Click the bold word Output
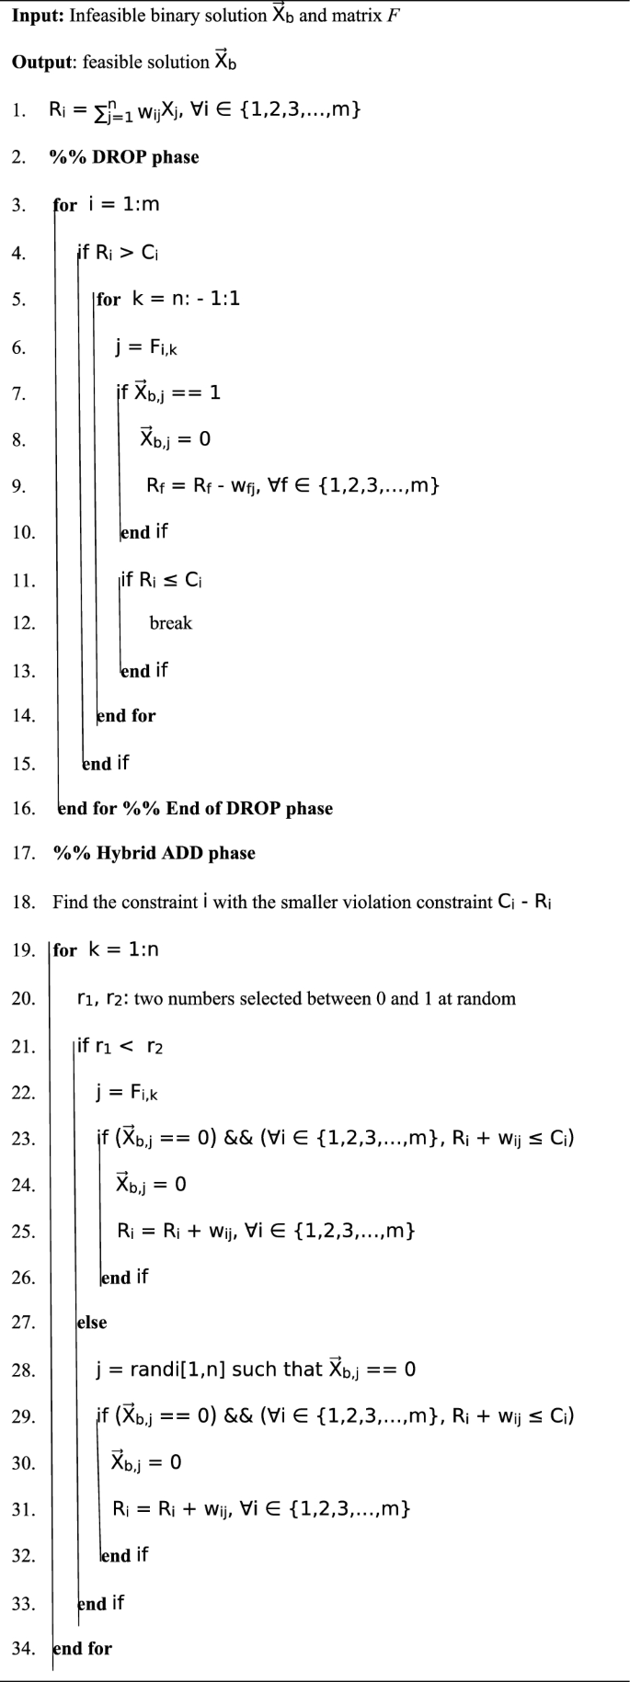[42, 63]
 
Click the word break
[171, 623]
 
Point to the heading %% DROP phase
[124, 157]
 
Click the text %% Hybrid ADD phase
[155, 853]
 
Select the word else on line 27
[92, 1323]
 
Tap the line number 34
[23, 1648]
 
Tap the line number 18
[23, 902]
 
